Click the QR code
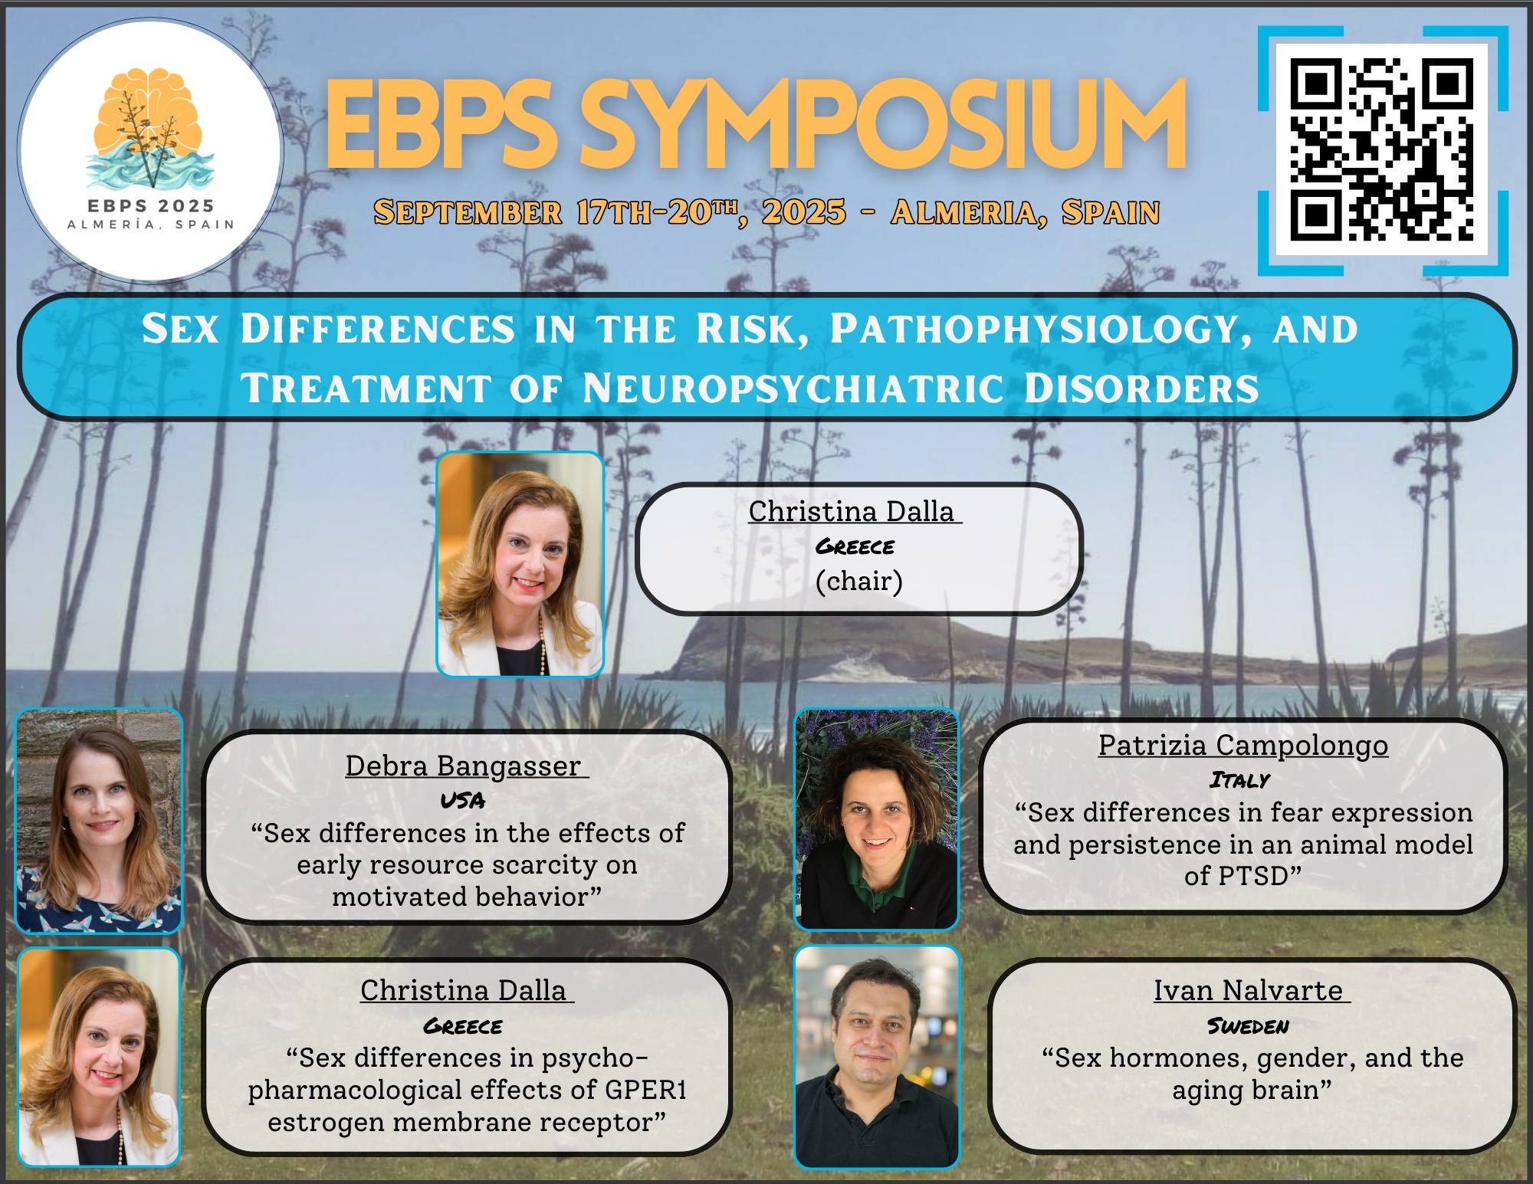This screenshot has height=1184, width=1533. [x=1382, y=149]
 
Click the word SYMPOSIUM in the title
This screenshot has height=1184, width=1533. [x=881, y=124]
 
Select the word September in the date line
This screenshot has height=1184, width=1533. [x=468, y=212]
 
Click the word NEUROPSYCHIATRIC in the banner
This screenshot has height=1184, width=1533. [x=793, y=388]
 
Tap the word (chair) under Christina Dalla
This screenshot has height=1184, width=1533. [x=859, y=581]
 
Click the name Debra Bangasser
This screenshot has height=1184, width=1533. [x=463, y=766]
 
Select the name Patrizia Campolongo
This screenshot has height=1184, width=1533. [x=1243, y=745]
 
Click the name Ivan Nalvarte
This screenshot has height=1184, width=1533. [x=1249, y=990]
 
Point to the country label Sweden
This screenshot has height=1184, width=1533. [x=1249, y=1025]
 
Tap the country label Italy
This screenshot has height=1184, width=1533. [x=1240, y=780]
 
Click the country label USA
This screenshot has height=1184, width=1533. [x=463, y=801]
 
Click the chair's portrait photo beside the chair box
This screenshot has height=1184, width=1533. [x=520, y=564]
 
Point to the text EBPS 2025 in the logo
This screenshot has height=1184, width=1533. [x=151, y=205]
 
